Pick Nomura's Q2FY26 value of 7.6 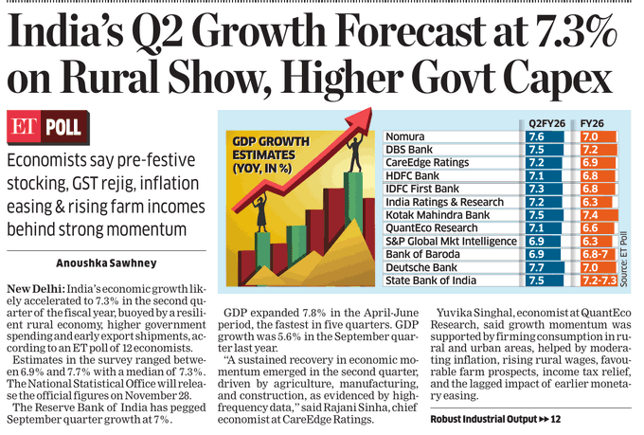click(536, 137)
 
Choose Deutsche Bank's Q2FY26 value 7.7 click(536, 268)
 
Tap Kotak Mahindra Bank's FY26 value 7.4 click(588, 216)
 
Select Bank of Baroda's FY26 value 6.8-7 click(593, 255)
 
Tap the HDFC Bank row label click(413, 176)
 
